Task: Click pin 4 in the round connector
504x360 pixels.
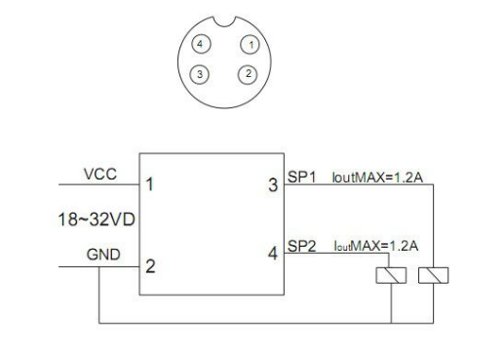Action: [x=201, y=45]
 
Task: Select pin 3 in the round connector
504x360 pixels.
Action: [x=201, y=74]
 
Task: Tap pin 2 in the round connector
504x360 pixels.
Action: [x=249, y=74]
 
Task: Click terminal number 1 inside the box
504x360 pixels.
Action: [x=149, y=183]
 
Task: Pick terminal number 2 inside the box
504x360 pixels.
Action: [x=149, y=263]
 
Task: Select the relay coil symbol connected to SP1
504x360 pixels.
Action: [x=430, y=278]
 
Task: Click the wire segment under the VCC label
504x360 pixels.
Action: [x=97, y=184]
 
